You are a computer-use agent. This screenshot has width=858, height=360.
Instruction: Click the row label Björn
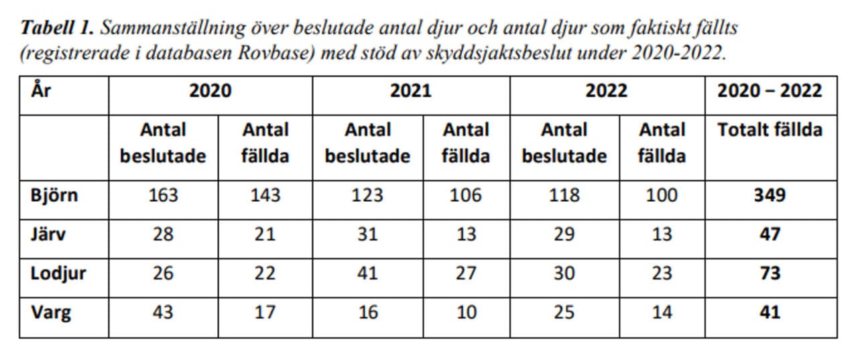54,195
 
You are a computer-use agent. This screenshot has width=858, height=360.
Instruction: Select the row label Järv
48,234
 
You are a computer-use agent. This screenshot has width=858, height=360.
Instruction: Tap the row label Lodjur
58,274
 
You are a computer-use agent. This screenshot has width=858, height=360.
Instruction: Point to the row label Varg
51,313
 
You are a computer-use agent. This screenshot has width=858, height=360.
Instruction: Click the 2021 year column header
411,91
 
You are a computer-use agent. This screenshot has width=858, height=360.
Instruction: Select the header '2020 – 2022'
770,91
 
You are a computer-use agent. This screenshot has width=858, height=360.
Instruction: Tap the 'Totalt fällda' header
770,130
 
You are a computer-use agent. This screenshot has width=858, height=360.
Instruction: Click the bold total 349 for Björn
770,195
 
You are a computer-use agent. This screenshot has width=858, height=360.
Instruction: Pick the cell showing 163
163,195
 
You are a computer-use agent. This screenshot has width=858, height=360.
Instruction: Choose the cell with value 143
265,195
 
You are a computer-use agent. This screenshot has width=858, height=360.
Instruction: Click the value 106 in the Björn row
466,195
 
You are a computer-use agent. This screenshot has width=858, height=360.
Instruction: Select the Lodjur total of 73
770,274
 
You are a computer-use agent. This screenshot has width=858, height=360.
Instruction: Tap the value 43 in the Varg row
163,312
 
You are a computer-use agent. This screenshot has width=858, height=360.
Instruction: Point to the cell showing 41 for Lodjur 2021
368,274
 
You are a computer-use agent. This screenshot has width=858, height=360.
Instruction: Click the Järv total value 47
770,235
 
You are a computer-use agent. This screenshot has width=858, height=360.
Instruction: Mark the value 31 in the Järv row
368,235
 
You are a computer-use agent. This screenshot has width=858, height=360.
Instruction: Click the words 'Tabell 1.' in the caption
57,28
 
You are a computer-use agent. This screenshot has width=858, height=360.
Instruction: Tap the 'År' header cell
41,90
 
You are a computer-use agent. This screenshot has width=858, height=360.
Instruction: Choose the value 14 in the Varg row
662,312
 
